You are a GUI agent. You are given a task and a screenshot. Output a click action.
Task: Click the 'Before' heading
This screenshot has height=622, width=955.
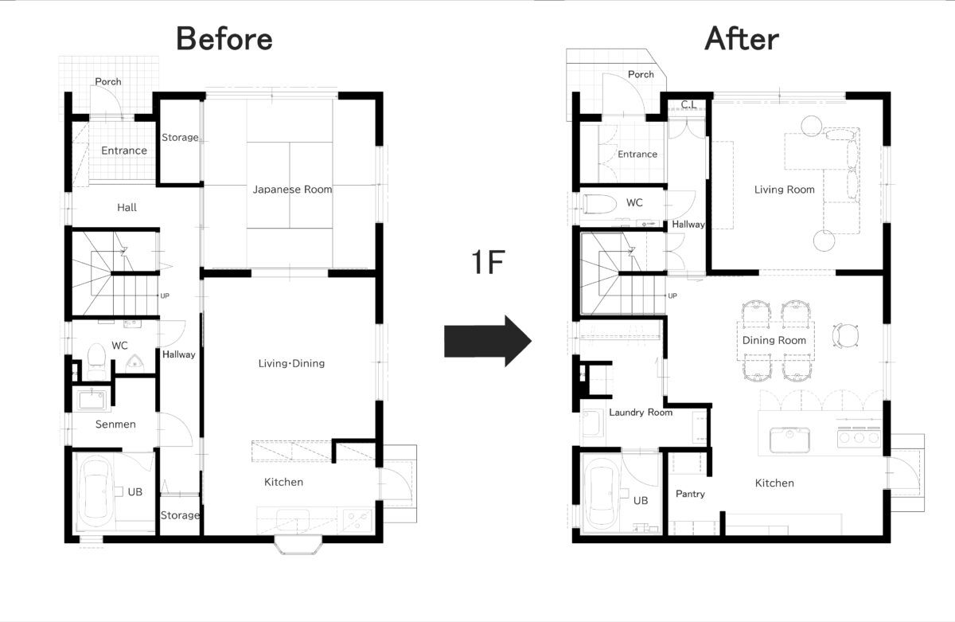click(224, 38)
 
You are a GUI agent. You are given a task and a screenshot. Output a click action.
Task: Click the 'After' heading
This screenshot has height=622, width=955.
click(742, 38)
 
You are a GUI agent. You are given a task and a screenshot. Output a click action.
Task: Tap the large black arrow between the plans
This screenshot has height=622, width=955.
click(488, 341)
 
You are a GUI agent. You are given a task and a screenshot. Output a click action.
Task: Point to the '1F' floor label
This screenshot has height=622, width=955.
click(488, 262)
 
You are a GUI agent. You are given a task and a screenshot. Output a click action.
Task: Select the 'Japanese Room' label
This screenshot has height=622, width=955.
click(292, 190)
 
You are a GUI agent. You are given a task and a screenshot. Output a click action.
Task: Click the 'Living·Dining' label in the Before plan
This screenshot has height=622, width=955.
click(291, 363)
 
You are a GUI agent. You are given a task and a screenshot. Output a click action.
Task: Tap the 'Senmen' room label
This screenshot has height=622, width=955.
click(115, 424)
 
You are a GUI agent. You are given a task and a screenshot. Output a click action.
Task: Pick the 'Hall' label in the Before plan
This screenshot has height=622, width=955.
click(127, 208)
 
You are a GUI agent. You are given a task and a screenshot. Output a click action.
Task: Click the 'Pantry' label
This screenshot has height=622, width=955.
click(690, 494)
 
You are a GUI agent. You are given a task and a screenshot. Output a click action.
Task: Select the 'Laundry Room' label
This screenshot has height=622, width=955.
click(641, 413)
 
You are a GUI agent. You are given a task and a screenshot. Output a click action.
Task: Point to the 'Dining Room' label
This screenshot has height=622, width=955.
click(774, 340)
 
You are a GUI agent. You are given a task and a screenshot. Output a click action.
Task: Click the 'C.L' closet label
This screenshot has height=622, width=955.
click(688, 104)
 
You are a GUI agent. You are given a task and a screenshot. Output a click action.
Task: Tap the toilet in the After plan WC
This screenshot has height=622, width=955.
click(599, 205)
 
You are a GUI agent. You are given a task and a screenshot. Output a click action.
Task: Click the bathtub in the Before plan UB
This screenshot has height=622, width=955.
click(96, 493)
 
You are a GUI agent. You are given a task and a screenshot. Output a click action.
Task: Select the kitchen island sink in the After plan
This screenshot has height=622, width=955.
click(789, 440)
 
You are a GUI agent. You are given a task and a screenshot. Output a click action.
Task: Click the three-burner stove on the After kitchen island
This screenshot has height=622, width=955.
click(859, 438)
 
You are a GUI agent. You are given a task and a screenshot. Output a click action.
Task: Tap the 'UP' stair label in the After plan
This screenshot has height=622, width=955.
click(672, 295)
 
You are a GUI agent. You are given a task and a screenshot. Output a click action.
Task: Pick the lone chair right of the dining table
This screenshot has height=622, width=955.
click(845, 335)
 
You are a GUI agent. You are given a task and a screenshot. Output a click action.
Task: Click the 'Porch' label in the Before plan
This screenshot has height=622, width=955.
click(108, 81)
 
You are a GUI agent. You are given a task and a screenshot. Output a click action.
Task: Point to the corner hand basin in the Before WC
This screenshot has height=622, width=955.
click(134, 362)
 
